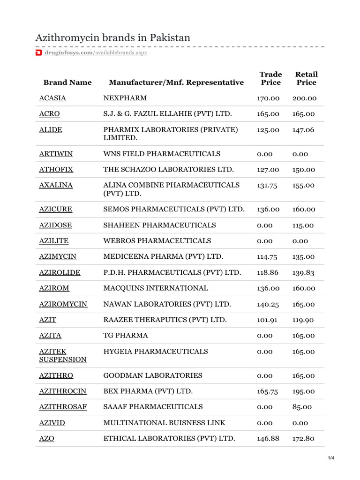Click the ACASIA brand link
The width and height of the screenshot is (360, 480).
(x=52, y=98)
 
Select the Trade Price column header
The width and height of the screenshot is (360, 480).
(x=270, y=78)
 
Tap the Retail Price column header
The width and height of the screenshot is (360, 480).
(x=306, y=78)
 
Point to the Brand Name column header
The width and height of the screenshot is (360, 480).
(x=67, y=82)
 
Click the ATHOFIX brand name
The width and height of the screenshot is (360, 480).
(x=56, y=170)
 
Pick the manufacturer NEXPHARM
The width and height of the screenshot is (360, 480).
(x=125, y=98)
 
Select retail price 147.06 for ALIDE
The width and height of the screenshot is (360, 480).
(x=304, y=130)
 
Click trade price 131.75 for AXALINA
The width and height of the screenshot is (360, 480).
(x=267, y=186)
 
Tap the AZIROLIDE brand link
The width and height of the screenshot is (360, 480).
(x=60, y=273)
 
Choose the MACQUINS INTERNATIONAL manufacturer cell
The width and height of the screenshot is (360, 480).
(x=156, y=288)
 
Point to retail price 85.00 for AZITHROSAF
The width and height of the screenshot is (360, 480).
(x=302, y=407)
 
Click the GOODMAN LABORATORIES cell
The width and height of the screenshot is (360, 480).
(x=153, y=375)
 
